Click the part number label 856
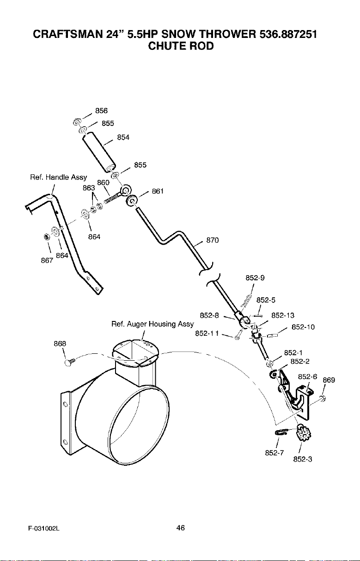101,111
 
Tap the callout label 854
123,137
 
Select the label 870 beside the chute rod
213,240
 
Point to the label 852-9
255,278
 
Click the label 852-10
303,327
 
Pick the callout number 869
329,380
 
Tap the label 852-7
274,453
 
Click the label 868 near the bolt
60,344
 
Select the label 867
47,260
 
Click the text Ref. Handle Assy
59,177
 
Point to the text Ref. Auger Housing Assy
153,324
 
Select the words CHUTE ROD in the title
181,46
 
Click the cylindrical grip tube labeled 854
99,152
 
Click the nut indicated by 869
322,398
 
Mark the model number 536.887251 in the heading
288,34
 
